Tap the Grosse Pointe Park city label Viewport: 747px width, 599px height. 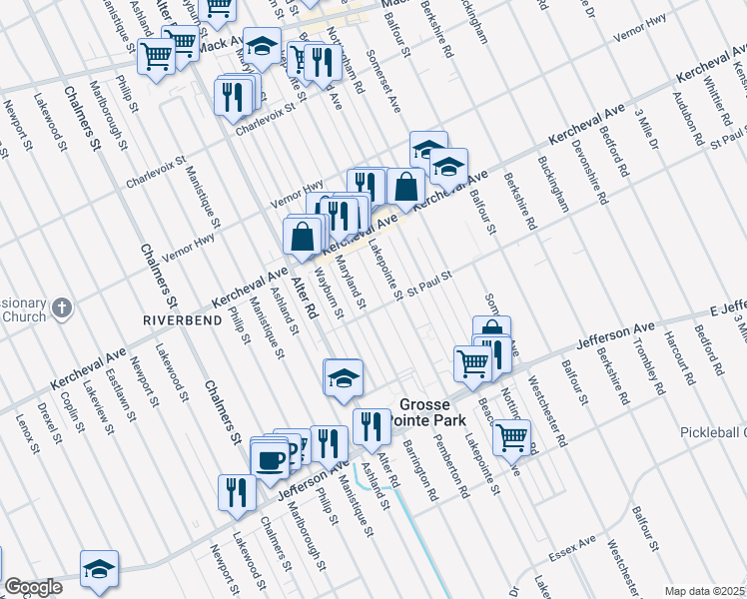[432, 413]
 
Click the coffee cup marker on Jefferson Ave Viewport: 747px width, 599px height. [269, 460]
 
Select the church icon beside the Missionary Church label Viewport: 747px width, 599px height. [62, 307]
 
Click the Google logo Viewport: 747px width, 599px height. [33, 587]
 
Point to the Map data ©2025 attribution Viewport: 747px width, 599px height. [704, 591]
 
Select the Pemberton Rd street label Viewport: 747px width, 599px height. [450, 464]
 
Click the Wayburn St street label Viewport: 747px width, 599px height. [329, 294]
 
